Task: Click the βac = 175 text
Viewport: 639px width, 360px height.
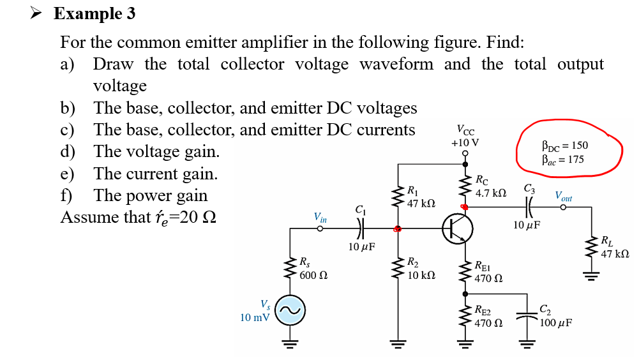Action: click(562, 159)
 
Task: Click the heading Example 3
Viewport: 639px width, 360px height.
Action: click(94, 13)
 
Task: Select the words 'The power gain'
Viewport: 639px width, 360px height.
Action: click(150, 195)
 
